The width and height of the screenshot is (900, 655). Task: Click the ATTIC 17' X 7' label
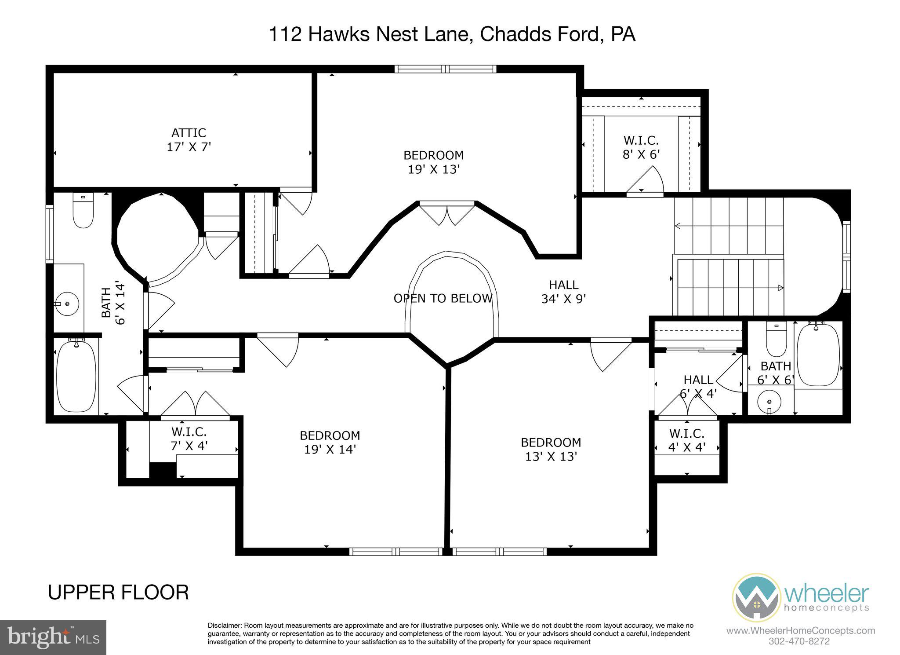pyautogui.click(x=189, y=140)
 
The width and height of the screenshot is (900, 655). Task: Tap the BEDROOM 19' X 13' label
pyautogui.click(x=433, y=162)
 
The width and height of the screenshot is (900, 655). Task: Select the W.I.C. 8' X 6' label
pyautogui.click(x=641, y=147)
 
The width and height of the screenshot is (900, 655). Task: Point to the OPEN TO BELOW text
pyautogui.click(x=443, y=299)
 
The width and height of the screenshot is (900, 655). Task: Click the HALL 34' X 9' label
pyautogui.click(x=564, y=292)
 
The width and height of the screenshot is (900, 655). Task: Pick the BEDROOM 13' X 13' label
pyautogui.click(x=551, y=449)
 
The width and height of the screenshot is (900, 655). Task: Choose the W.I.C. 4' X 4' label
pyautogui.click(x=687, y=440)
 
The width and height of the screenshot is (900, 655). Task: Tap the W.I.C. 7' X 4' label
pyautogui.click(x=189, y=439)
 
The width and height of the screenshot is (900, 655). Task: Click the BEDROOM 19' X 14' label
pyautogui.click(x=330, y=443)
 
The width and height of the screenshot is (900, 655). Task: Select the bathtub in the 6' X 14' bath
pyautogui.click(x=76, y=377)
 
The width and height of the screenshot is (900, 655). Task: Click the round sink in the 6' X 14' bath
pyautogui.click(x=67, y=304)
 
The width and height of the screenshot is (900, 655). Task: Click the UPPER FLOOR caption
pyautogui.click(x=118, y=592)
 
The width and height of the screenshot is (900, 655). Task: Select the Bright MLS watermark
pyautogui.click(x=53, y=637)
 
